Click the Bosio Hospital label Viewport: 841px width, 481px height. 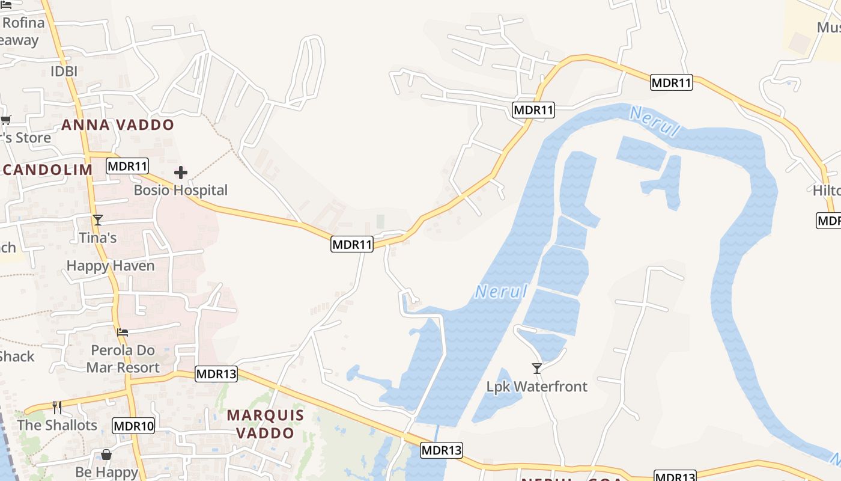[180, 191]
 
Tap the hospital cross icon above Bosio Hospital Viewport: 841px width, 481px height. [180, 173]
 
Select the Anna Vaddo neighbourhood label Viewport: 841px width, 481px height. [118, 125]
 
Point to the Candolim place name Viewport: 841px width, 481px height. [47, 170]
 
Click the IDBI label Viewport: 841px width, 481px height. [64, 72]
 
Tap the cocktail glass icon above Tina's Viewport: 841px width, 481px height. [98, 220]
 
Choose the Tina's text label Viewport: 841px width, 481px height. [98, 238]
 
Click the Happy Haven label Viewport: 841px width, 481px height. [111, 266]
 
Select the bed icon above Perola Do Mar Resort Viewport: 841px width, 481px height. [123, 332]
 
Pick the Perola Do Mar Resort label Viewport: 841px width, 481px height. [123, 359]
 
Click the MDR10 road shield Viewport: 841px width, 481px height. [133, 427]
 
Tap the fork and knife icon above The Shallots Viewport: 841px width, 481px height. [57, 408]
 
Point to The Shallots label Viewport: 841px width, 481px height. [57, 425]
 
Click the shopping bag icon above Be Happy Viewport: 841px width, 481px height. [106, 455]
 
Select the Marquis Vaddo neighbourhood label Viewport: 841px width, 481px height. [266, 424]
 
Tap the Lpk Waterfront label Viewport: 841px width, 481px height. [537, 387]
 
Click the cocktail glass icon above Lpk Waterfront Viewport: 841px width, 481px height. [537, 368]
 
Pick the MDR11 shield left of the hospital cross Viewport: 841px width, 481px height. [127, 166]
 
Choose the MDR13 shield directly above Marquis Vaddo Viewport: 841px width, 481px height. [216, 374]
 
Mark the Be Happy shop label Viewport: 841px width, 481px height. [107, 473]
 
